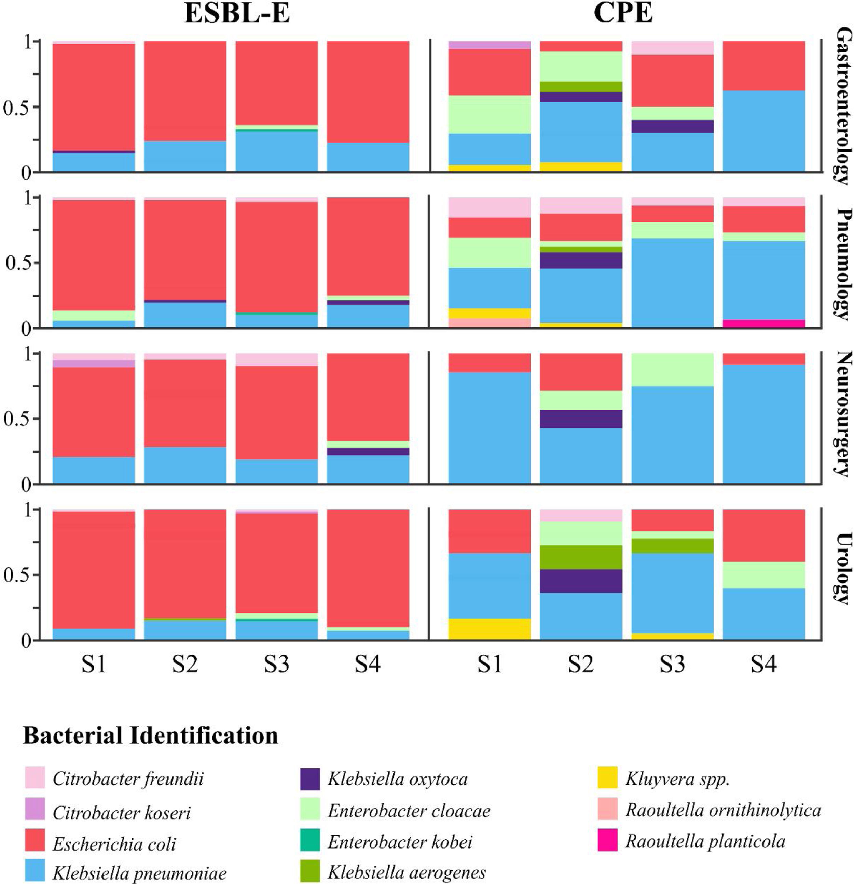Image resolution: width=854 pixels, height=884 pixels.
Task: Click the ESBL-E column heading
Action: [x=237, y=14]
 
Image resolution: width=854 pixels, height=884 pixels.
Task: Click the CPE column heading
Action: [x=623, y=14]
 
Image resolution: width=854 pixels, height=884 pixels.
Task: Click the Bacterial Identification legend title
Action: [x=150, y=736]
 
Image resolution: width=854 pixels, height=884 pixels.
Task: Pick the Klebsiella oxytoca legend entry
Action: [x=397, y=779]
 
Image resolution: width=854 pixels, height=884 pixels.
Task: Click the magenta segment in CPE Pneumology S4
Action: [x=764, y=323]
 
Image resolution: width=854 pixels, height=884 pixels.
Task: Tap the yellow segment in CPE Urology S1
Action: [x=489, y=629]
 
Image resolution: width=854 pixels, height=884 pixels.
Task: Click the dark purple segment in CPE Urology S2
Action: [x=581, y=581]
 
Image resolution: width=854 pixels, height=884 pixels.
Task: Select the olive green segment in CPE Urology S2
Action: [x=581, y=557]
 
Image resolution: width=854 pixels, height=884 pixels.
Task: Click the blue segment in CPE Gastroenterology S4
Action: [x=764, y=131]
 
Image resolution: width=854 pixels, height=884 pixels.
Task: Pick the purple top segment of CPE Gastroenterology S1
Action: [x=489, y=45]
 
